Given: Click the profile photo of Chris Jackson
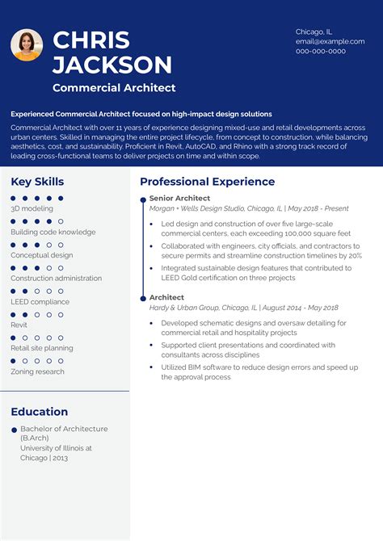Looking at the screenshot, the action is coord(27,45).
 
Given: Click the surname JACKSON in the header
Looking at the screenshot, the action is coord(112,65).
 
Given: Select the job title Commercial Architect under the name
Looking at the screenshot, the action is coord(114,88).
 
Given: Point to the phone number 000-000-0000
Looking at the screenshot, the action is coord(321,51).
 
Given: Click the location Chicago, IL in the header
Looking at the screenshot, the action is coord(314,31).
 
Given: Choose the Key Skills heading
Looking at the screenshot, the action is coord(37,182).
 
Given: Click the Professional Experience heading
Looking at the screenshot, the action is coord(207,182).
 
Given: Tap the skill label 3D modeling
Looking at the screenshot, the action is coord(32,208).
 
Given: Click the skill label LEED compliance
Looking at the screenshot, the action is coord(40,301).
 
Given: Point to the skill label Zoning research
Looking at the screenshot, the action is coord(37,371).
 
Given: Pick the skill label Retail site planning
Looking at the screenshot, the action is coord(42,348).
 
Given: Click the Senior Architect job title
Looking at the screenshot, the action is coord(179,198).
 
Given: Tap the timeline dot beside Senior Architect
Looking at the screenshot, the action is coord(143,199).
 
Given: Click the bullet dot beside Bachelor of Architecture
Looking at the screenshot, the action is coord(14,430).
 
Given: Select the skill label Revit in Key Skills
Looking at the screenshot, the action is coord(19,325).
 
